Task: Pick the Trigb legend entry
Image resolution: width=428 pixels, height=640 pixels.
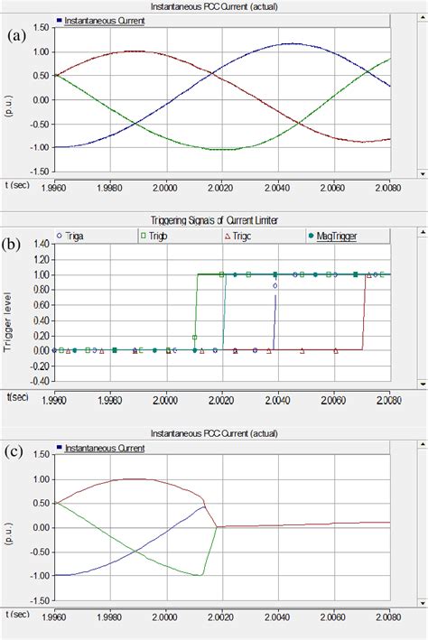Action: [x=160, y=236]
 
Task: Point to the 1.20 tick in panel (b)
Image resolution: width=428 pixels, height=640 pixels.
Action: [x=41, y=258]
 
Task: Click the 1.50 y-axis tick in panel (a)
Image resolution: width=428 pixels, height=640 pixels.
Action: [x=41, y=27]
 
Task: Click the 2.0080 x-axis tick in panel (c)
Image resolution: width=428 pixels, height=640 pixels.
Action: [x=390, y=615]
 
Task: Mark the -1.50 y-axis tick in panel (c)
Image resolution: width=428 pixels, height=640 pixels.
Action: [x=39, y=599]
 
